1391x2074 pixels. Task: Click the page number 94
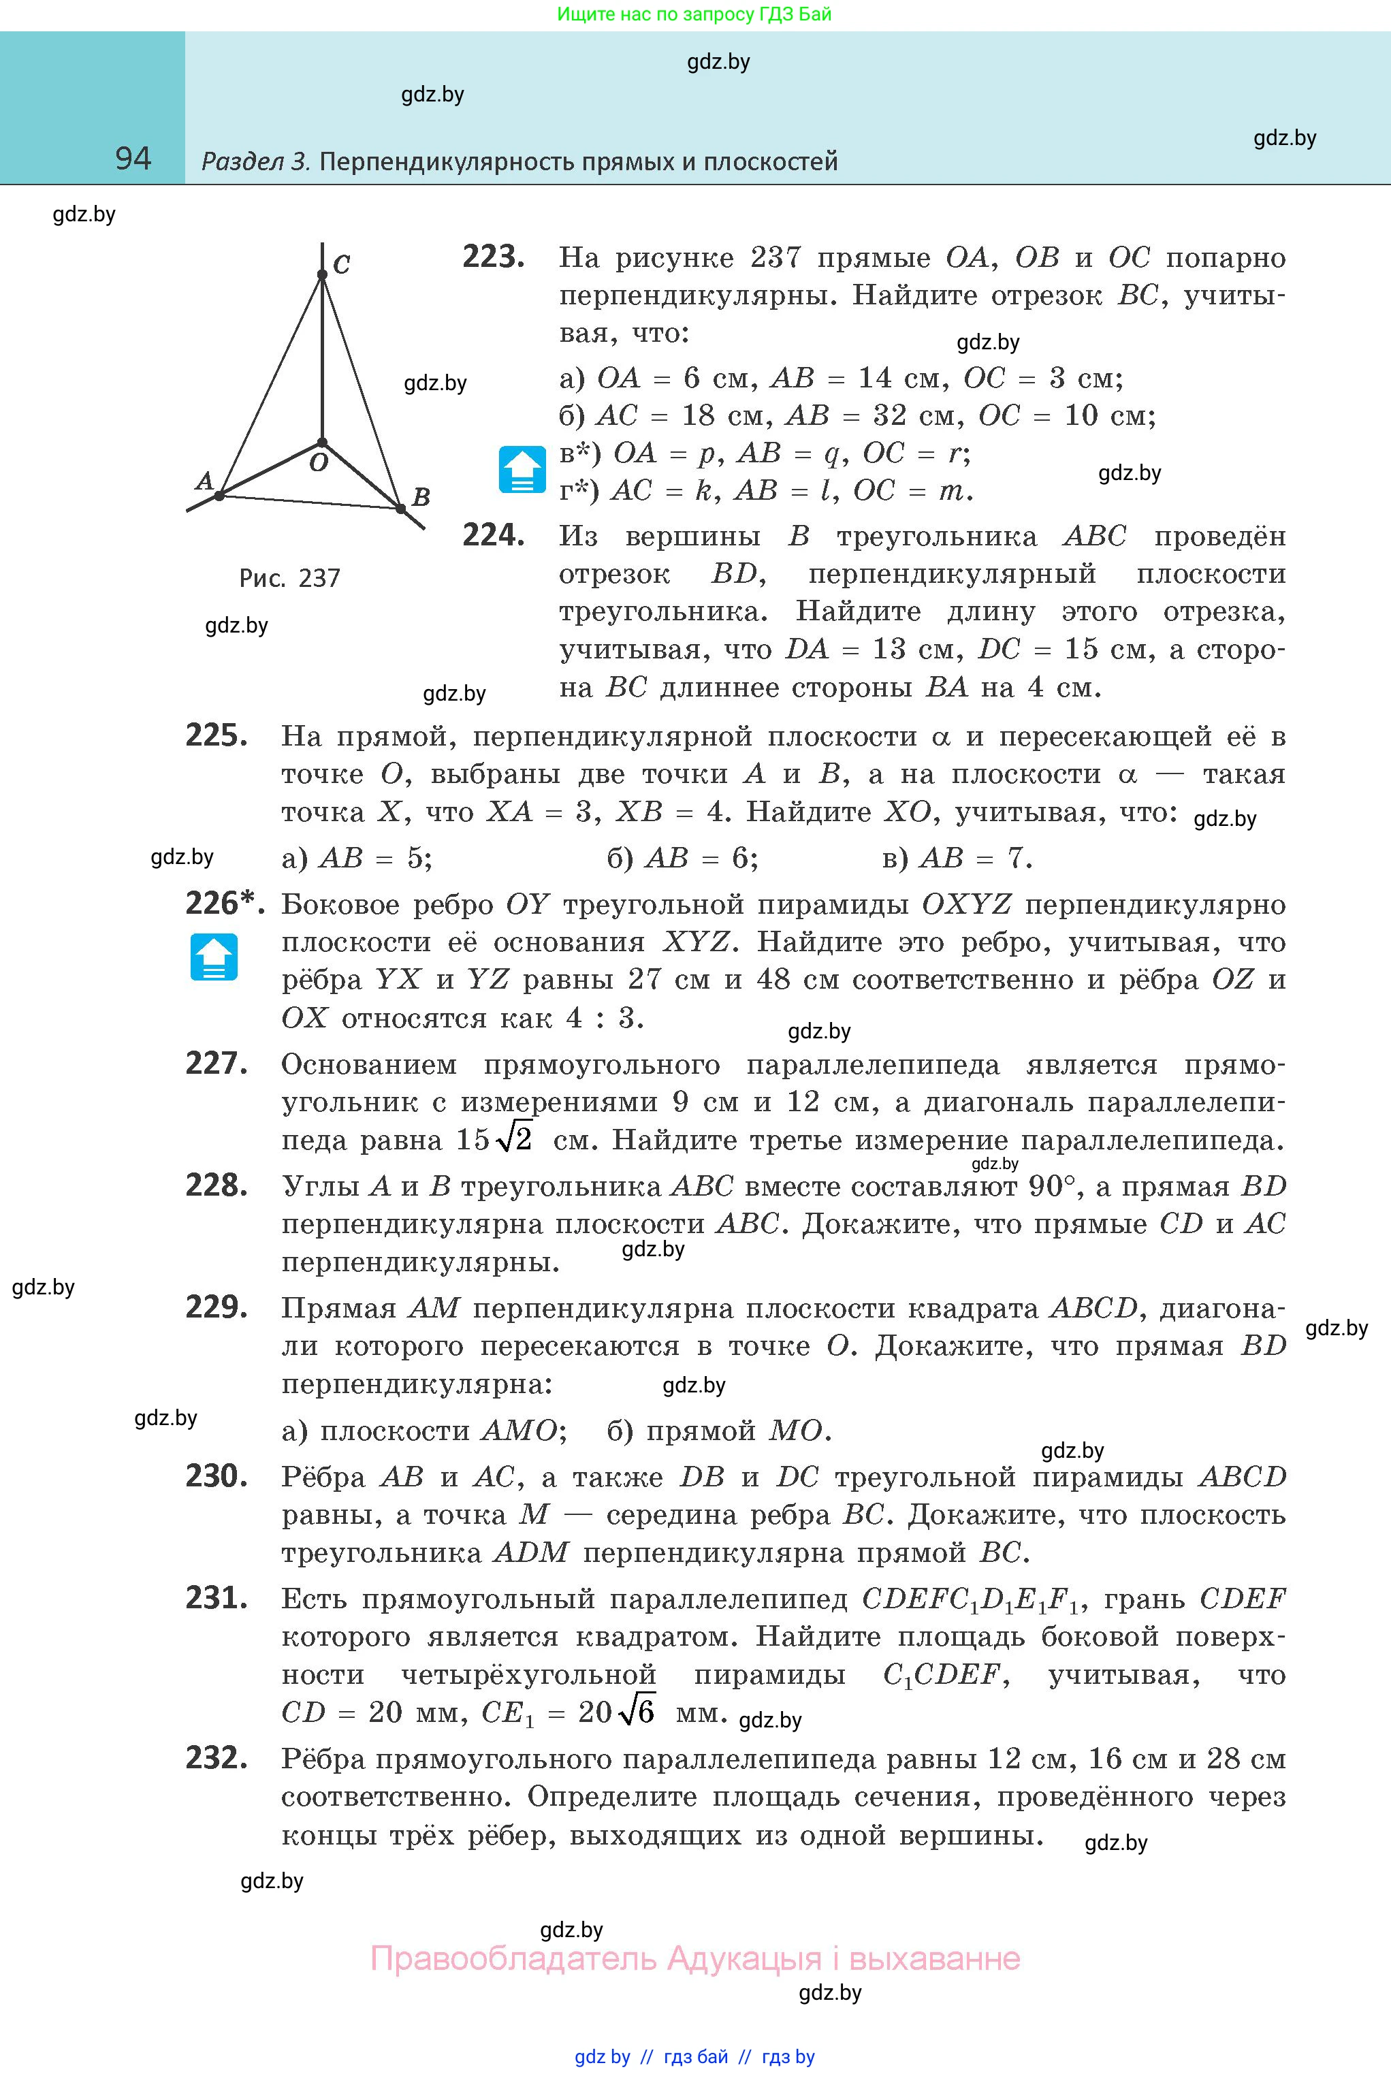click(133, 159)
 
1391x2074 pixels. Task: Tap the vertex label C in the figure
click(342, 264)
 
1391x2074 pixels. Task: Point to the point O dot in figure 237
click(322, 442)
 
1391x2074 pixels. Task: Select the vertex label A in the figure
click(204, 480)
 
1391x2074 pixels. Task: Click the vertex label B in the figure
click(421, 497)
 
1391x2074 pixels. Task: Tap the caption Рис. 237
click(289, 578)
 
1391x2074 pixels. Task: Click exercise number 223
click(493, 257)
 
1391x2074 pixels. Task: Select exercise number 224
click(493, 536)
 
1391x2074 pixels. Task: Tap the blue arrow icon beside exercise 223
click(522, 468)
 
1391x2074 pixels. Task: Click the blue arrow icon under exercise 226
click(214, 957)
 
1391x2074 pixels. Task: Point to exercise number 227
click(216, 1064)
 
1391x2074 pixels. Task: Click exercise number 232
click(216, 1758)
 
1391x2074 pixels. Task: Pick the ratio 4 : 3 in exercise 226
click(601, 1017)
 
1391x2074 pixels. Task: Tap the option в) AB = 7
click(957, 858)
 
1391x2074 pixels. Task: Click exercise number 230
click(216, 1476)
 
